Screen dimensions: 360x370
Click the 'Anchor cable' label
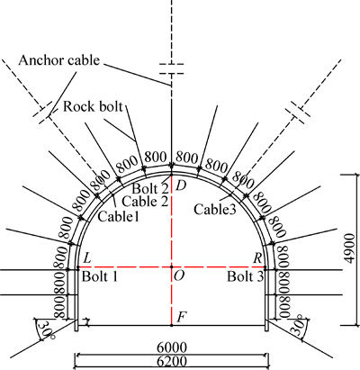click(x=58, y=60)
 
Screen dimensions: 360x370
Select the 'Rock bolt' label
click(x=93, y=106)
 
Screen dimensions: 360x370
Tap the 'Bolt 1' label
click(x=100, y=276)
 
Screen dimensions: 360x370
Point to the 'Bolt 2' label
click(x=149, y=189)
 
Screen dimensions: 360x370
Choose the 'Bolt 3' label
click(x=246, y=276)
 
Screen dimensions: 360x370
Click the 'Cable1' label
click(x=118, y=216)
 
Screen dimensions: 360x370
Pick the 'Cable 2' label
click(x=145, y=202)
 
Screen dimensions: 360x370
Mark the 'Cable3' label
click(x=215, y=209)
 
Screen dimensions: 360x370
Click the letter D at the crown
click(x=181, y=186)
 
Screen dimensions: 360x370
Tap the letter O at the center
click(x=179, y=275)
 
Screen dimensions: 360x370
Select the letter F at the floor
click(x=180, y=317)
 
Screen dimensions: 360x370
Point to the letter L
click(x=87, y=258)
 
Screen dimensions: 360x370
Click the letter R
click(x=257, y=258)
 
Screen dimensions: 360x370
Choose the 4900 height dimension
click(x=348, y=248)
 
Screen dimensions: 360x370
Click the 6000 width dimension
click(x=172, y=347)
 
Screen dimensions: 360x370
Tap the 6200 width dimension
click(x=172, y=361)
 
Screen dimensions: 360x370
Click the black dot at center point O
click(x=171, y=266)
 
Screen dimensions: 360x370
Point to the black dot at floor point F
click(x=171, y=325)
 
